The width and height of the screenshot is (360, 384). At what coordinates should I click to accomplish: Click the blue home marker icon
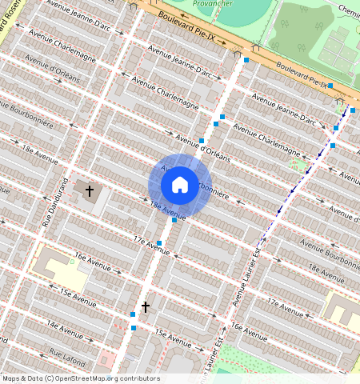click(180, 185)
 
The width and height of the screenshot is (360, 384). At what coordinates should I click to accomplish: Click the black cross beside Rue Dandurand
click(90, 191)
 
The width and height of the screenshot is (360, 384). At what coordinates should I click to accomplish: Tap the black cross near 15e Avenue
click(146, 306)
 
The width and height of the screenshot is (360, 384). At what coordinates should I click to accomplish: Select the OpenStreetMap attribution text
click(81, 378)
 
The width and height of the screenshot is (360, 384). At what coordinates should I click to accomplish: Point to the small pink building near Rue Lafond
click(107, 357)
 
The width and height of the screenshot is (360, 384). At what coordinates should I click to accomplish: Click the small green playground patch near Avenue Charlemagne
click(298, 166)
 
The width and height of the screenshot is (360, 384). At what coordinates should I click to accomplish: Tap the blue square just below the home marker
click(174, 219)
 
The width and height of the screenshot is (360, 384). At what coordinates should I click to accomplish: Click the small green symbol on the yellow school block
click(71, 261)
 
